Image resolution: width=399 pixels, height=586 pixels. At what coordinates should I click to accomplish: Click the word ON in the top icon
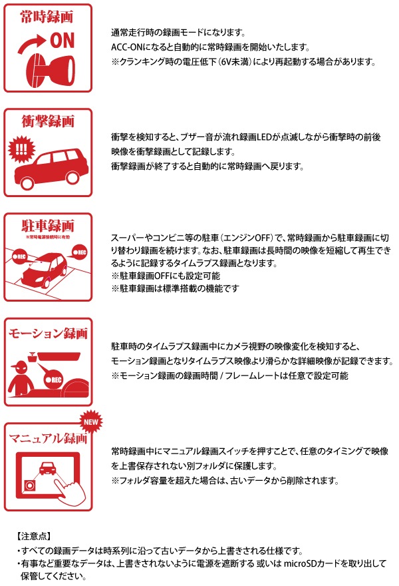(x=63, y=41)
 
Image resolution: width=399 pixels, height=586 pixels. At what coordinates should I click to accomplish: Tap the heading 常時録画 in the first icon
(x=47, y=17)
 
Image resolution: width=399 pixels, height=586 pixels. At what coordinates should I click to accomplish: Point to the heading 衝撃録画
(x=48, y=121)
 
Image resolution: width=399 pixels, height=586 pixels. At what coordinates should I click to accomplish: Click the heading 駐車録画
(x=48, y=226)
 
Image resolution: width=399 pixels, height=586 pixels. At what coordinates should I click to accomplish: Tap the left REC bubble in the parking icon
(x=19, y=257)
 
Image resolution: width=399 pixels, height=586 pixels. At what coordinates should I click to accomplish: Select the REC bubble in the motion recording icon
(x=54, y=380)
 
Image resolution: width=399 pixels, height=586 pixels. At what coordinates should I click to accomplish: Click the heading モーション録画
(x=48, y=333)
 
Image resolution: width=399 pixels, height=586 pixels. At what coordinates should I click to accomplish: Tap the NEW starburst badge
(x=90, y=422)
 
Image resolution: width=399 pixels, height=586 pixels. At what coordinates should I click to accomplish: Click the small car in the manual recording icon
(x=48, y=468)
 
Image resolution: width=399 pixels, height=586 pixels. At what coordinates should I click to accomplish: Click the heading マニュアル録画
(x=48, y=438)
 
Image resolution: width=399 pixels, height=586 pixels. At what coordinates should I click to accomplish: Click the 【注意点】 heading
(x=34, y=536)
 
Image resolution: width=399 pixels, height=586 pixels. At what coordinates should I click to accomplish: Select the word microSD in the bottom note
(x=300, y=563)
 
